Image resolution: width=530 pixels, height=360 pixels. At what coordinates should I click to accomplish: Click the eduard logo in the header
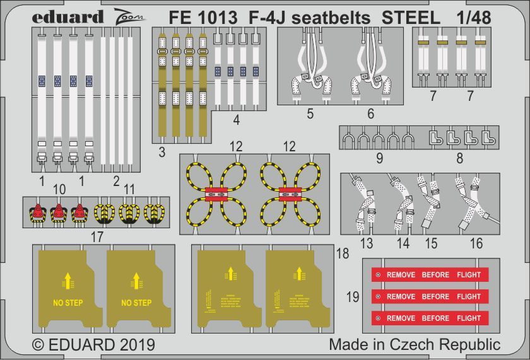(66, 17)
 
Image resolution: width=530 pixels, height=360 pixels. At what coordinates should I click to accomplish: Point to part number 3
(162, 151)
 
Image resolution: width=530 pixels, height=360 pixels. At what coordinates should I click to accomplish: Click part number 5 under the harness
(310, 114)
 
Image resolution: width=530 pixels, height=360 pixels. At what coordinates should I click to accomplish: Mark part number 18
(343, 253)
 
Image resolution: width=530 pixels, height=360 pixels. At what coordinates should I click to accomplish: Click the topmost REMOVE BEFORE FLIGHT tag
(426, 275)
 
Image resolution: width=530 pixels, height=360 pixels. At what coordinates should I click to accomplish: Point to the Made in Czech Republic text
(414, 345)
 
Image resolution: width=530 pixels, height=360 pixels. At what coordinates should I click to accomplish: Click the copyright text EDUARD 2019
(93, 345)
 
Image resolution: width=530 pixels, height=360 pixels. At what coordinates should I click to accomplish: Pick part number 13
(366, 243)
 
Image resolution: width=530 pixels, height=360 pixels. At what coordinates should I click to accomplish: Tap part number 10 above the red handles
(59, 189)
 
